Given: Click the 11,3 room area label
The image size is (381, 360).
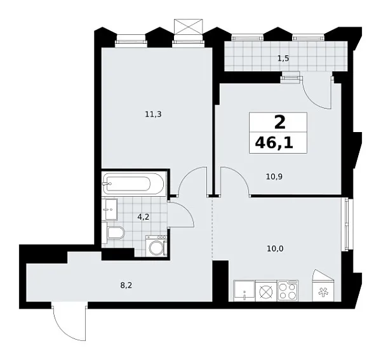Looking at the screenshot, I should click(152, 114).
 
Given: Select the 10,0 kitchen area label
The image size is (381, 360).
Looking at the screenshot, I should click(276, 248).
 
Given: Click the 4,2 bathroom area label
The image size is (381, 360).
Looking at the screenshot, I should click(144, 216).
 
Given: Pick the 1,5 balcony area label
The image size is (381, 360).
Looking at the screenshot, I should click(283, 58).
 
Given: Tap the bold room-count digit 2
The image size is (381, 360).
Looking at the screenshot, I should click(279, 122).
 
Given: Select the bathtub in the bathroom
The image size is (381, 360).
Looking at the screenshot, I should click(134, 185).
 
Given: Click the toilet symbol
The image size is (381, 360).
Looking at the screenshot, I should click(116, 234).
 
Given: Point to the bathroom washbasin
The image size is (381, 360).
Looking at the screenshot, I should click(110, 207).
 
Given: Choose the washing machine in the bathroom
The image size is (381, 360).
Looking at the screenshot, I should click(156, 246).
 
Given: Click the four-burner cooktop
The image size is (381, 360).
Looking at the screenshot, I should click(288, 291).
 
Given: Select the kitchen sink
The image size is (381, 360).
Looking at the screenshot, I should click(243, 291).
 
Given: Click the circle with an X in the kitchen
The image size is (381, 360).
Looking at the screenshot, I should click(265, 291).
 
